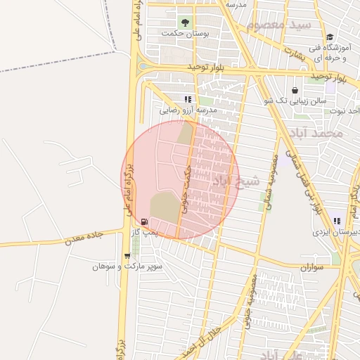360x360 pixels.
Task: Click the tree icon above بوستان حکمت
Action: tap(186, 21)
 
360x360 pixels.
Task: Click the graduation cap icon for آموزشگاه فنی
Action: tap(330, 37)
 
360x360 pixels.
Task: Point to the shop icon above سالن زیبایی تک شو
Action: tap(294, 90)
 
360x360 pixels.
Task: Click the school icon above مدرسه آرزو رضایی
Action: tap(187, 99)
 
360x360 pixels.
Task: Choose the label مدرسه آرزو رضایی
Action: tap(188, 110)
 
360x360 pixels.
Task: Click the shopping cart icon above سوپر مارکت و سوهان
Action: tap(127, 256)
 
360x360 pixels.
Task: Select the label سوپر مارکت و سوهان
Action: tap(117, 266)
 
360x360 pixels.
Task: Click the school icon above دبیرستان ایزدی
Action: tap(337, 221)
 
